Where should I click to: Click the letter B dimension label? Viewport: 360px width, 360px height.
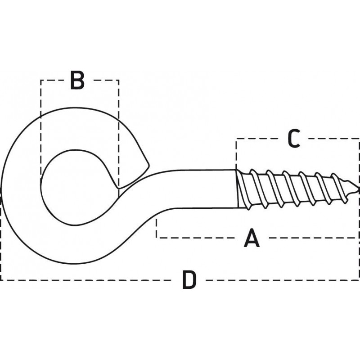click(x=77, y=80)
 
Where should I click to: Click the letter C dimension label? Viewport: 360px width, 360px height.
click(x=294, y=139)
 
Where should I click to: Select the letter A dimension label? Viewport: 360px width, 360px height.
click(x=252, y=238)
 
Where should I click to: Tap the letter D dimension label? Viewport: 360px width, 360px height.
click(x=189, y=280)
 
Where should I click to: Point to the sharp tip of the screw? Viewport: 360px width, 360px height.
click(x=358, y=189)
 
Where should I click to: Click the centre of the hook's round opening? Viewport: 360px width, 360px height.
click(x=77, y=187)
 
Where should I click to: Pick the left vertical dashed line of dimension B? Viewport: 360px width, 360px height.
click(x=41, y=129)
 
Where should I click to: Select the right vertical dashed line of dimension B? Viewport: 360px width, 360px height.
click(x=119, y=138)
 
